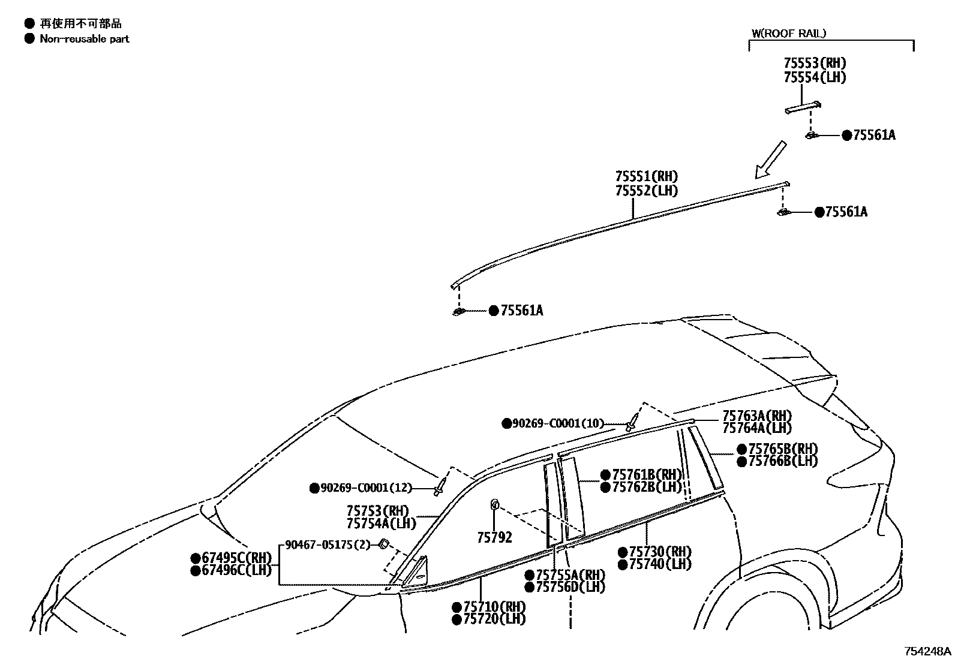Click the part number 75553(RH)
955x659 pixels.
(x=815, y=64)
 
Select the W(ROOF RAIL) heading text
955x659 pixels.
(x=789, y=34)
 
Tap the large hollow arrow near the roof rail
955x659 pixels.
(x=770, y=159)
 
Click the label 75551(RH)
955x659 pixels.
(x=646, y=177)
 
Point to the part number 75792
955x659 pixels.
(x=494, y=538)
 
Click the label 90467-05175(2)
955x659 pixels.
(x=328, y=545)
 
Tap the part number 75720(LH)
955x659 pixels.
(x=494, y=619)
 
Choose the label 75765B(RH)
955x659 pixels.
(x=783, y=449)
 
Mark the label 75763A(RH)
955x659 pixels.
(x=757, y=416)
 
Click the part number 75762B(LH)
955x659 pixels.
(x=647, y=488)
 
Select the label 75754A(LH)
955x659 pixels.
(x=382, y=523)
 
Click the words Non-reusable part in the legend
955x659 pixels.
(x=84, y=39)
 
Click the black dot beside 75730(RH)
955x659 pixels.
(x=623, y=552)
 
